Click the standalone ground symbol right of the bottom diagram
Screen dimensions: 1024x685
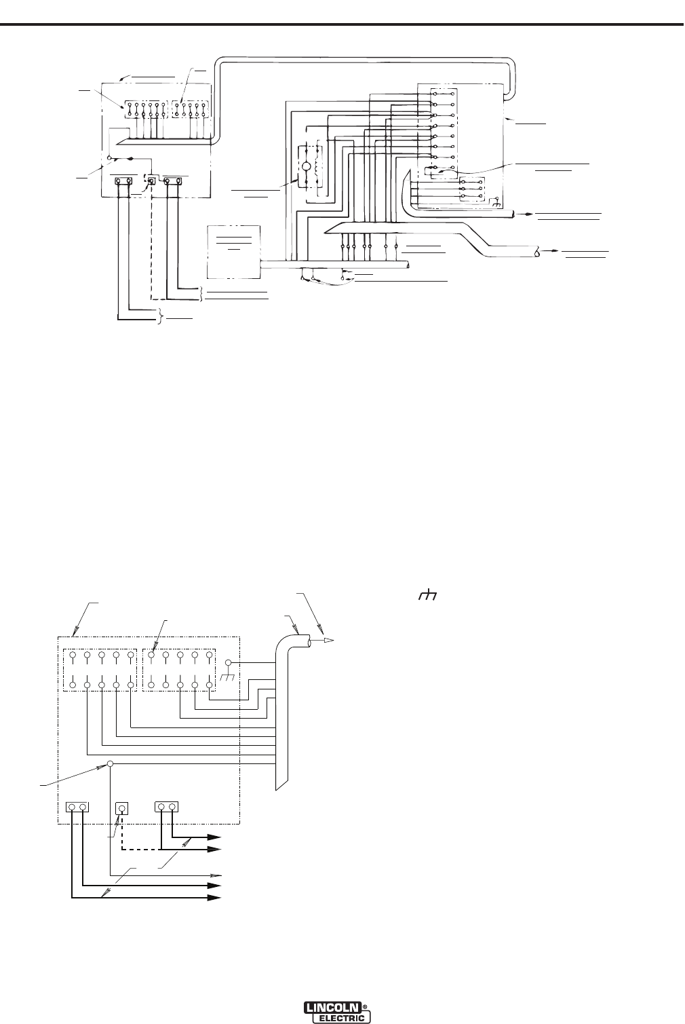[426, 596]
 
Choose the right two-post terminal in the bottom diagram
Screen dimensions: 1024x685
[168, 807]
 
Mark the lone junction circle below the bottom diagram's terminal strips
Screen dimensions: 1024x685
[110, 763]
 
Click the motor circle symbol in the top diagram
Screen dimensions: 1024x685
[305, 167]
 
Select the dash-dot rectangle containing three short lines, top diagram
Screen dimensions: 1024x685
[234, 252]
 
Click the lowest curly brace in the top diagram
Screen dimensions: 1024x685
[161, 316]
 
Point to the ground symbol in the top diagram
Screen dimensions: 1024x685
[498, 204]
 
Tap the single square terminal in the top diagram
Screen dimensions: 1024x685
[152, 182]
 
